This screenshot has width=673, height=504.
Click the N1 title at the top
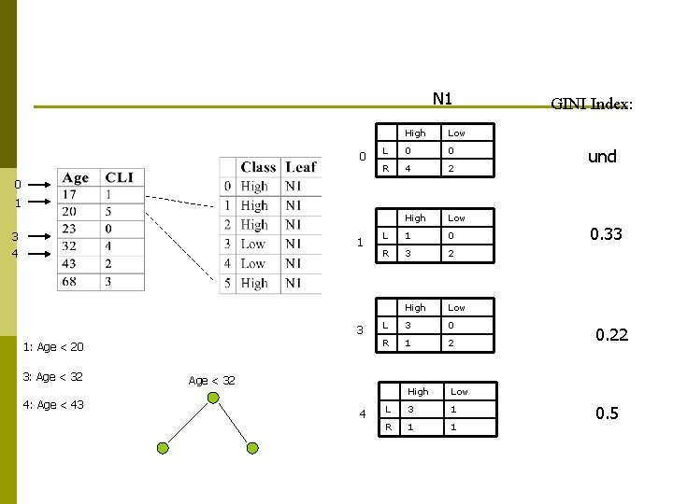442,99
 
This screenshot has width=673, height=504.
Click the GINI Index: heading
592,104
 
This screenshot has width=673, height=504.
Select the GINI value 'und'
602,157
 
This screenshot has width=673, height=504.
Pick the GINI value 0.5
608,413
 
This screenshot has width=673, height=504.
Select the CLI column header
119,178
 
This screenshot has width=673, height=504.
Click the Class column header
258,167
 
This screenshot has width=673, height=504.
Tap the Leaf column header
300,167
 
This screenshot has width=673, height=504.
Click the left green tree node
163,449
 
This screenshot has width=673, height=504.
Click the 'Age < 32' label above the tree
211,381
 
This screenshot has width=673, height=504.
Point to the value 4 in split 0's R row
408,169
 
